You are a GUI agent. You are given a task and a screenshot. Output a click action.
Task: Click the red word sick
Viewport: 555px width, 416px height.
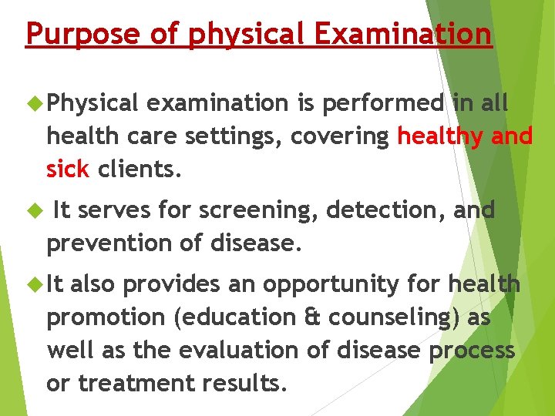[68, 169]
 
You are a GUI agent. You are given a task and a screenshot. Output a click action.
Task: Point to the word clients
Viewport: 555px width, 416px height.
[140, 169]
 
